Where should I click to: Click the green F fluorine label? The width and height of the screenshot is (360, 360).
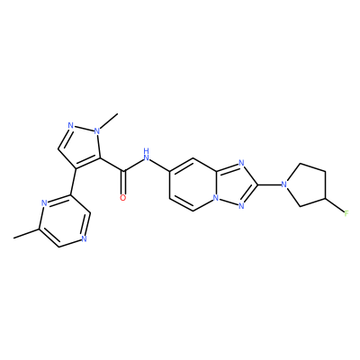click(x=346, y=213)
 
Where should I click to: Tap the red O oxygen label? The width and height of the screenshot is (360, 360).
click(x=122, y=198)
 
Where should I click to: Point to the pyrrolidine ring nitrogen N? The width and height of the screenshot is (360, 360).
click(x=284, y=184)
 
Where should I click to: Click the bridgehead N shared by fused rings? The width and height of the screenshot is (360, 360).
click(x=215, y=198)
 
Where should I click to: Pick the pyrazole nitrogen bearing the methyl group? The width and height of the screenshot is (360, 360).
click(x=97, y=131)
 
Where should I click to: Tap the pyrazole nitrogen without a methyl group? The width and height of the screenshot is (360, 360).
click(x=71, y=125)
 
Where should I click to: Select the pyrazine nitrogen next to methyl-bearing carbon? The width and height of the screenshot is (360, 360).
click(x=44, y=203)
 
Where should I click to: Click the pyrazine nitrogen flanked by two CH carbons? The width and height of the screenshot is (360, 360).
click(x=84, y=239)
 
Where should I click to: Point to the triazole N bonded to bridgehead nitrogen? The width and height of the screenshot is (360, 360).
click(x=240, y=206)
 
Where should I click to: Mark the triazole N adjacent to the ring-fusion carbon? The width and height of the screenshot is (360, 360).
click(x=240, y=163)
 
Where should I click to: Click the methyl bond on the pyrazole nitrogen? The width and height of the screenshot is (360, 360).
click(x=109, y=121)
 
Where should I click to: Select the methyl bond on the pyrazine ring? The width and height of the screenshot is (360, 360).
click(x=26, y=233)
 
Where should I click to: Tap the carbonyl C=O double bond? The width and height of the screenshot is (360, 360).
click(x=123, y=183)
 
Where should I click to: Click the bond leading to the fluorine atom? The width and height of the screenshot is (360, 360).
click(x=334, y=205)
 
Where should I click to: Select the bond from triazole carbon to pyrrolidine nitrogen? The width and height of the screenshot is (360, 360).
click(x=267, y=184)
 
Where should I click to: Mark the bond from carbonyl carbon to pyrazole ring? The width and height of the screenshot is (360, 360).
click(x=112, y=165)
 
